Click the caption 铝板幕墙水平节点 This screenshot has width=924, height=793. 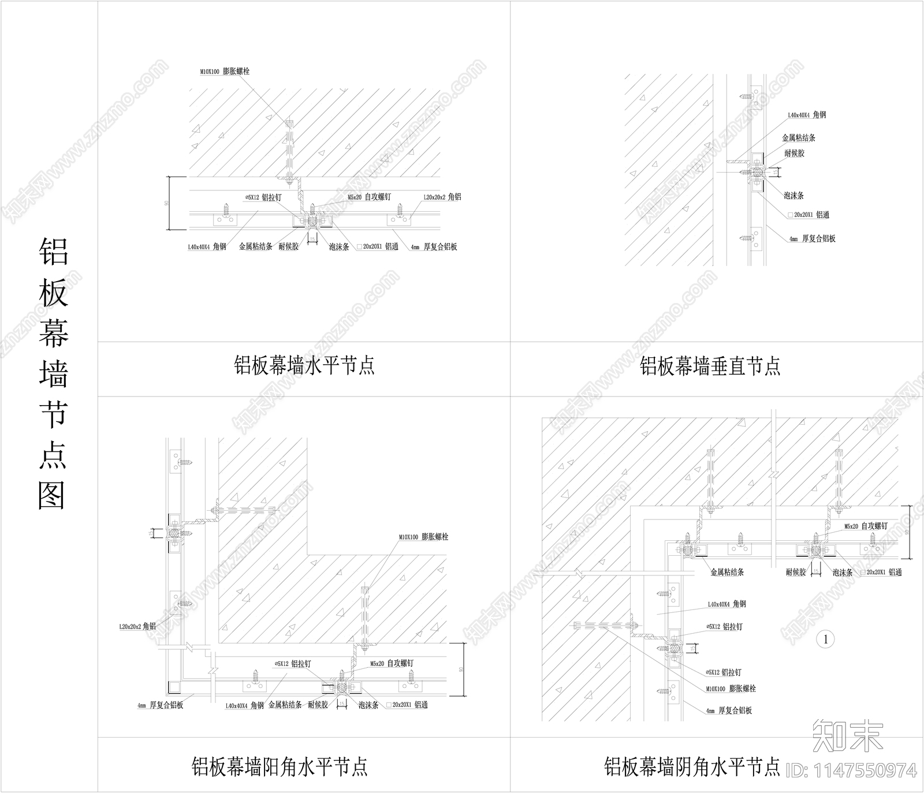[304, 365]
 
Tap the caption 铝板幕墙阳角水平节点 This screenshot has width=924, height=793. [280, 767]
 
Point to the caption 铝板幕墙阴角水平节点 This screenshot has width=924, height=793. [692, 767]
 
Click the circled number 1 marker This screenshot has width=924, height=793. [826, 639]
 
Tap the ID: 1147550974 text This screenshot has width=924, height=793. [852, 770]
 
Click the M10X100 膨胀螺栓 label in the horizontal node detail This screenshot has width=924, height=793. [225, 72]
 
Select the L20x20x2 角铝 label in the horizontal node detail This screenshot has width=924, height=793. [442, 197]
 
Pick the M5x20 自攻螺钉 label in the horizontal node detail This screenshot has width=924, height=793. [369, 197]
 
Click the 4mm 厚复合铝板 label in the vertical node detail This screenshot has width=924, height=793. [813, 238]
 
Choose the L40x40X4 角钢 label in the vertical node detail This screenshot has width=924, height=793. [807, 115]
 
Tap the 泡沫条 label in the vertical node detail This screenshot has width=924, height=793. [793, 196]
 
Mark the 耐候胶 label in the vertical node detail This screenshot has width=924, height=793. [794, 153]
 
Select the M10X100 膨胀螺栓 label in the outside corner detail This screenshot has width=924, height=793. [423, 537]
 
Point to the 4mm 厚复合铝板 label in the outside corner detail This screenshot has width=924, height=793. [160, 705]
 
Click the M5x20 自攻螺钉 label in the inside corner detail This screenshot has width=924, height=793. [866, 526]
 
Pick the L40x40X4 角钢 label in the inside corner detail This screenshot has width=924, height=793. [726, 604]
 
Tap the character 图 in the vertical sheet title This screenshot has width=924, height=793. [53, 495]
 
